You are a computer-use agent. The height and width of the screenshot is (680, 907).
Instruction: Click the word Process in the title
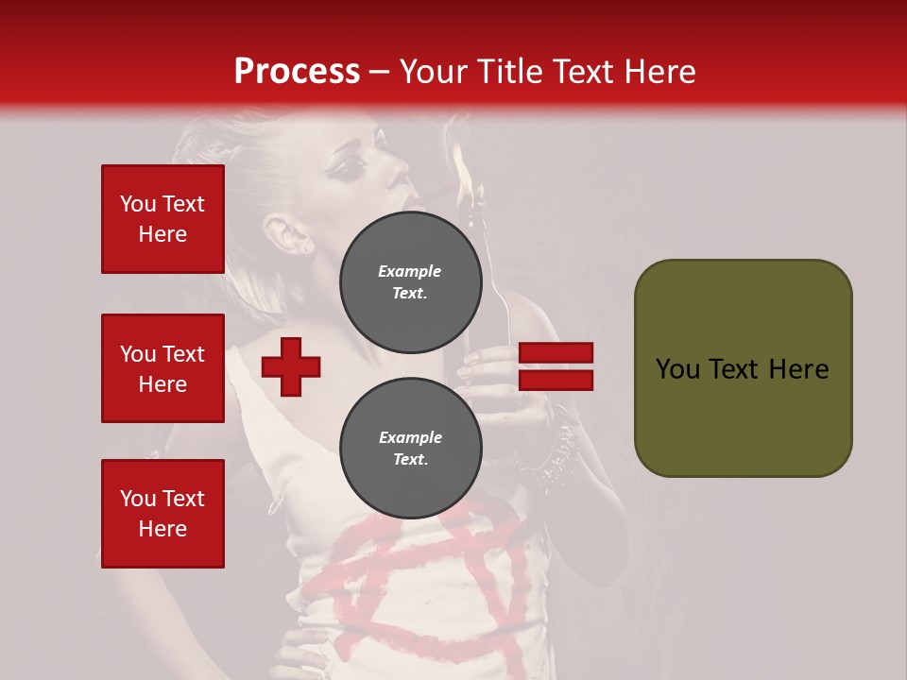point(297,72)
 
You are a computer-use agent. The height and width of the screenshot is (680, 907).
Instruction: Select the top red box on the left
point(163,219)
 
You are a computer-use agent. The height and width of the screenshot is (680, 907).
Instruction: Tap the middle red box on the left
point(163,368)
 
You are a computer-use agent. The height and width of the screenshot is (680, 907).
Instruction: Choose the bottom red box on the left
point(163,514)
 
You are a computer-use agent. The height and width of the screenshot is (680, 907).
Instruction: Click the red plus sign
point(291,366)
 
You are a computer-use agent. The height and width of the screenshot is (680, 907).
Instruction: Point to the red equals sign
point(556,366)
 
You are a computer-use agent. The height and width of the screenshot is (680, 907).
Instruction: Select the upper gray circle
point(410,281)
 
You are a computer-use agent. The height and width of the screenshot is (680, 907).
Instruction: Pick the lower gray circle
point(410,449)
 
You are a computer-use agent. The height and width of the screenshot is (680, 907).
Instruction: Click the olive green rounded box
point(743,368)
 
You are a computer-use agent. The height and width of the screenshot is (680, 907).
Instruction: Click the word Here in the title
point(659,72)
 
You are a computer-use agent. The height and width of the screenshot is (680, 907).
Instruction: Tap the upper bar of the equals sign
point(556,353)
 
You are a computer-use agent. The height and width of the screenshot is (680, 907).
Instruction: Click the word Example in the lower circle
point(410,437)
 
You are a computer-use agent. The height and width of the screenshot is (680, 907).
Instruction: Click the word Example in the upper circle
point(410,271)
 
